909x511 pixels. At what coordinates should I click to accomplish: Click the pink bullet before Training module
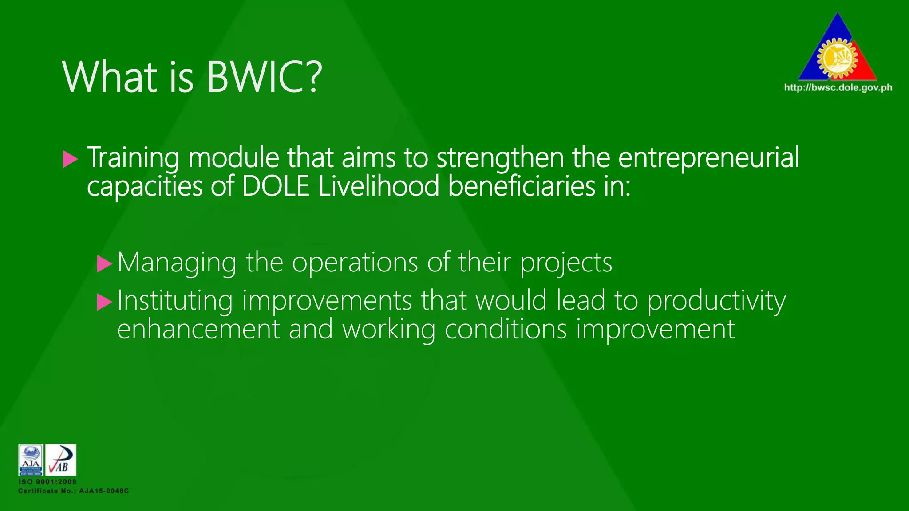[x=70, y=159]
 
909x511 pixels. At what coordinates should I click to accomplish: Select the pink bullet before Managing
[x=105, y=264]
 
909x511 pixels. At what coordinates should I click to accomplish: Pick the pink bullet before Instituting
[x=105, y=302]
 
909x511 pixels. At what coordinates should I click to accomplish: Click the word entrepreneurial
[x=708, y=157]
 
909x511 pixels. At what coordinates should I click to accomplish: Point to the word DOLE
[x=276, y=186]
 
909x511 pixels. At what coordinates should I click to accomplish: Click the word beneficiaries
[x=522, y=186]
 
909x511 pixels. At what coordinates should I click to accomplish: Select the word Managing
[x=177, y=263]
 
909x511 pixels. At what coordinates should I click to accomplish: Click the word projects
[x=566, y=263]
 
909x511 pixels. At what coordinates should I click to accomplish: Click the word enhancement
[x=198, y=330]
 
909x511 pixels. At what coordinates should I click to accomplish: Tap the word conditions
[x=506, y=330]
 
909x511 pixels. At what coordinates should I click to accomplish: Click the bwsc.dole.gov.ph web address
[x=838, y=88]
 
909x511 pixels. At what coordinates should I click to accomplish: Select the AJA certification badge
[x=31, y=460]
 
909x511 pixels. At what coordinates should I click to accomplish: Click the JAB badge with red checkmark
[x=61, y=460]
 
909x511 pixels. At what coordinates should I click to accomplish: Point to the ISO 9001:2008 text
[x=47, y=482]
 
